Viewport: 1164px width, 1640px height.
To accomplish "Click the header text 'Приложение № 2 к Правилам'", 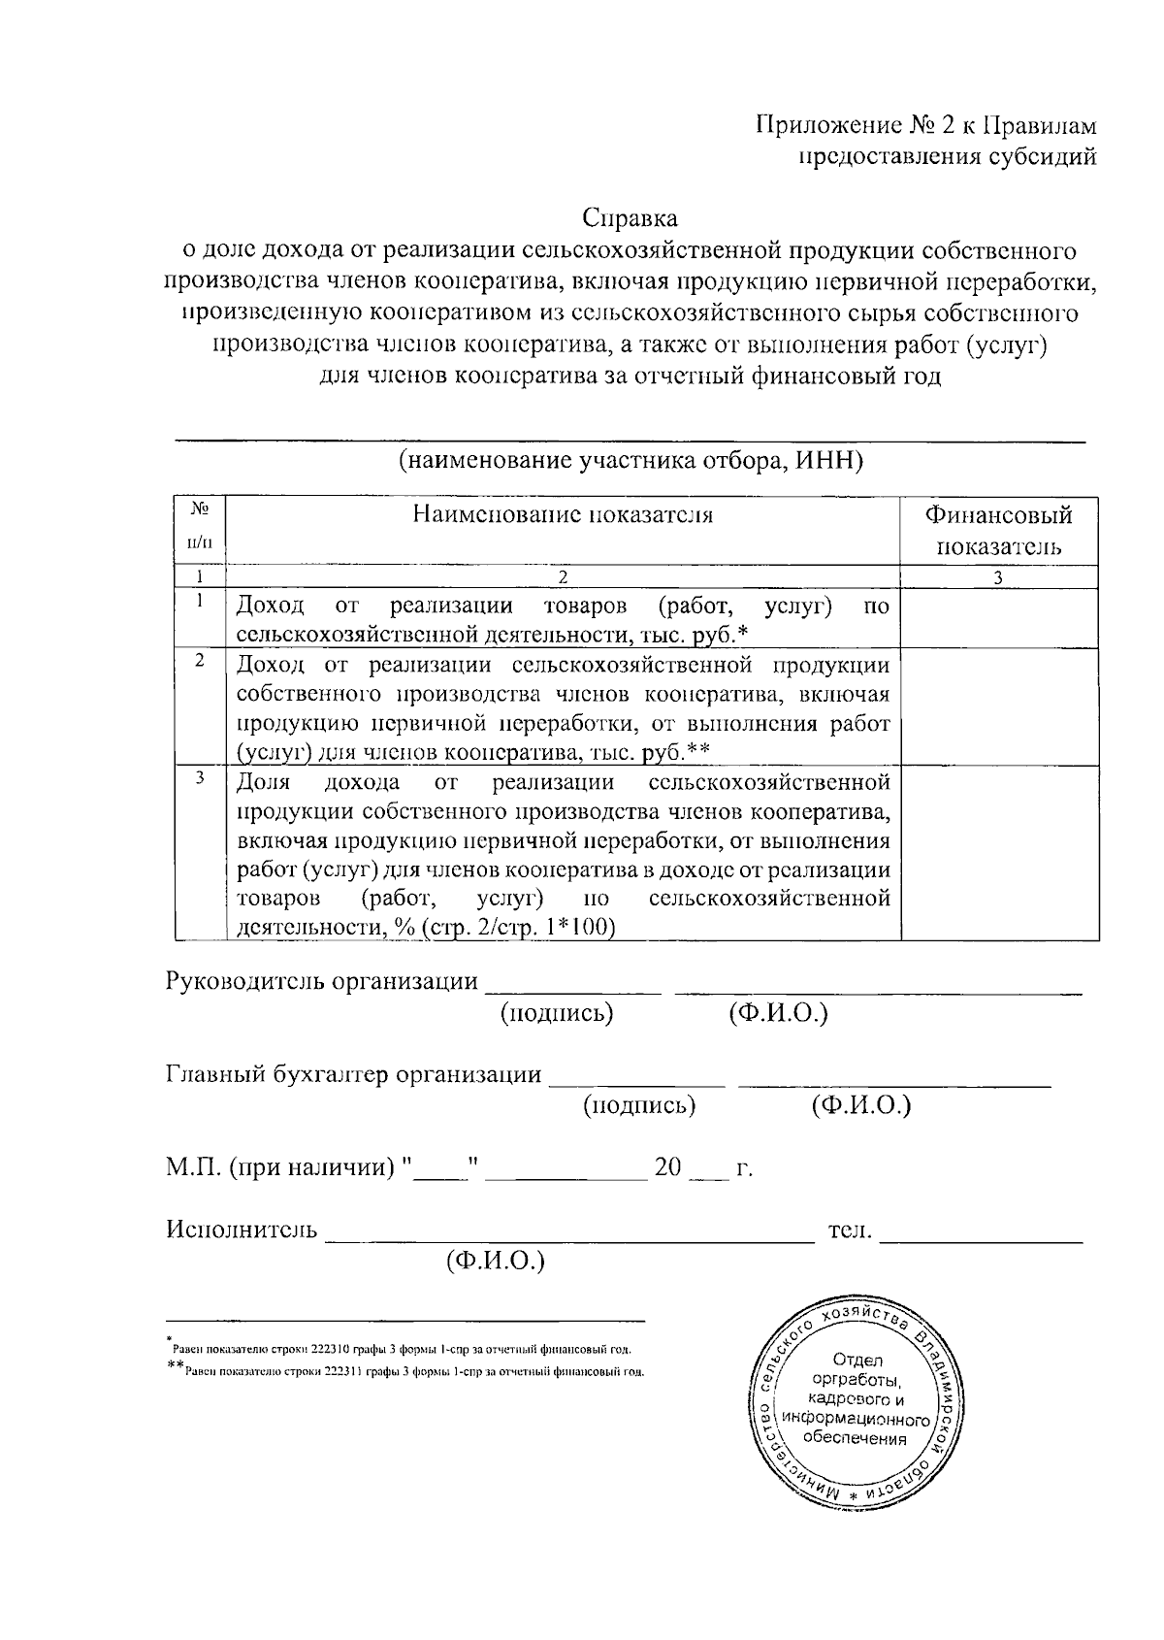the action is coord(926,125).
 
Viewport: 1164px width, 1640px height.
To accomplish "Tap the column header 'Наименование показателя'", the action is coord(563,514).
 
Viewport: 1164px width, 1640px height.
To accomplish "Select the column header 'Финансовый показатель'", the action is coord(999,529).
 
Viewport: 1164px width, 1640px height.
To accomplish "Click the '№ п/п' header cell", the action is coord(199,529).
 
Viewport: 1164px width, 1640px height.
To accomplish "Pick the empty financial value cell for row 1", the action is coord(999,619).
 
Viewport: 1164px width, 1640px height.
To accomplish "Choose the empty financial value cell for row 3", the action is coord(999,853).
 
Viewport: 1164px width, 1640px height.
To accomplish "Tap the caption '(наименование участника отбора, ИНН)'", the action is coord(630,460).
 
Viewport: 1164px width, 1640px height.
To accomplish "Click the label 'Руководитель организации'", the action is coord(322,981).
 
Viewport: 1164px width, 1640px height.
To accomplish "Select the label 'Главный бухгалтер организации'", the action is coord(354,1074).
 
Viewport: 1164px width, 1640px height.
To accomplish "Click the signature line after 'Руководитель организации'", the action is coord(572,990).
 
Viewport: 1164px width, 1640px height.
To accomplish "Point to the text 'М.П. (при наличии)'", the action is coord(282,1167).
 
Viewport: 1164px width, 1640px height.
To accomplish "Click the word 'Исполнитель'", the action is coord(242,1230).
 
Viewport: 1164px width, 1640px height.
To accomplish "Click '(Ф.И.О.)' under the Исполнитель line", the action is coord(495,1262).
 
